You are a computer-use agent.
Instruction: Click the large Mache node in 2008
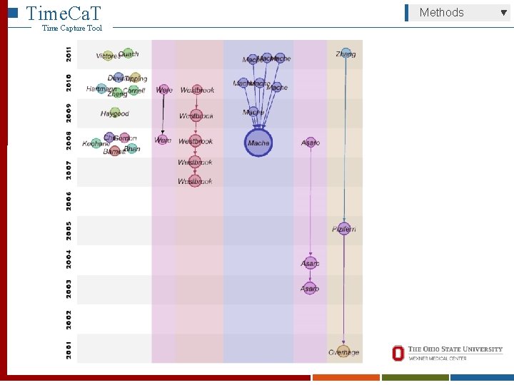(x=258, y=143)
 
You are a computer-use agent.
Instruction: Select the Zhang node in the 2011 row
(x=346, y=53)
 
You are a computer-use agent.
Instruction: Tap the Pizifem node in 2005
(x=344, y=229)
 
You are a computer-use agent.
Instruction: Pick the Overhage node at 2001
(x=343, y=351)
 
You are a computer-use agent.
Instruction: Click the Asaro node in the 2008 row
(x=311, y=143)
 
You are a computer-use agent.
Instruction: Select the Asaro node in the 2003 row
(x=310, y=288)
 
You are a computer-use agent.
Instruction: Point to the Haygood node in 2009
(x=114, y=113)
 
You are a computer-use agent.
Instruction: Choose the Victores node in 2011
(x=108, y=56)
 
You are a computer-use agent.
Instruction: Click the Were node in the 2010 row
(x=163, y=90)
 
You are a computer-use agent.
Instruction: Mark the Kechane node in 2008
(x=96, y=143)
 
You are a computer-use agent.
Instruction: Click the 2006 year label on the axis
(x=69, y=200)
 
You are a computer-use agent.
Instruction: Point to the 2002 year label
(x=69, y=318)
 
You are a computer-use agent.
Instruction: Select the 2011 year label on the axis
(x=69, y=53)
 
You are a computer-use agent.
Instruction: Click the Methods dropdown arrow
(x=503, y=12)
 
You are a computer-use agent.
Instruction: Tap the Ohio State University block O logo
(x=398, y=353)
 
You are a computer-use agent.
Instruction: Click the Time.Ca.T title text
(x=63, y=12)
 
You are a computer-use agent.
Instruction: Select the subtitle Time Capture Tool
(x=72, y=28)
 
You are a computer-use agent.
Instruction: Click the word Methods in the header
(x=441, y=12)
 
